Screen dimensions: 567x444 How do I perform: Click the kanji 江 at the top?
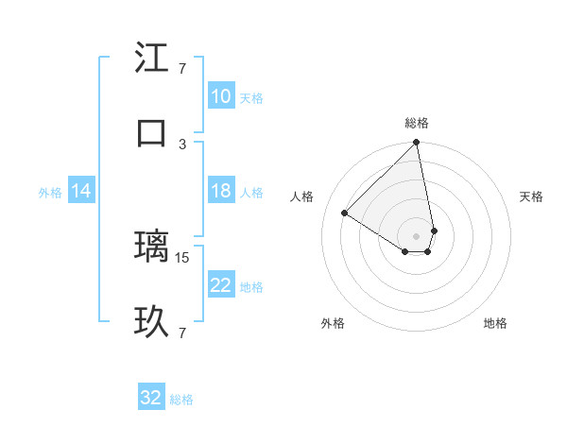point(151,59)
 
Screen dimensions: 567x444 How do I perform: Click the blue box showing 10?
point(221,96)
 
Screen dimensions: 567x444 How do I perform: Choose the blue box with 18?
point(221,191)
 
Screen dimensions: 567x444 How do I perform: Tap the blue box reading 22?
point(221,285)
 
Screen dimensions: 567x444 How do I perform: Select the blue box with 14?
point(81,191)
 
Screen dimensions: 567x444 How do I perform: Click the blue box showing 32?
point(151,398)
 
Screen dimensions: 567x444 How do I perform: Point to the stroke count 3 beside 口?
point(182,144)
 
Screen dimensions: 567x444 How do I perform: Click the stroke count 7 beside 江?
point(182,68)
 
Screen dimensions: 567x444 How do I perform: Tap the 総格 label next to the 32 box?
point(181,400)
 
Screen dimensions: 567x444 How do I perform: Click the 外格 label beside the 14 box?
point(50,193)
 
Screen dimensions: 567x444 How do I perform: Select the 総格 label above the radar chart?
point(417,123)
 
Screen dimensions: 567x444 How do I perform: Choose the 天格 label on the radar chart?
point(532,196)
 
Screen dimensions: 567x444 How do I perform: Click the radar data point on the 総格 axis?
point(416,144)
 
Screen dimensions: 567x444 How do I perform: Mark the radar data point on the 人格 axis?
point(345,213)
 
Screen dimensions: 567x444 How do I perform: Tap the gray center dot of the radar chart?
point(416,235)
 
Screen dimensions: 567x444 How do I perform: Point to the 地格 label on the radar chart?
point(495,323)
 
